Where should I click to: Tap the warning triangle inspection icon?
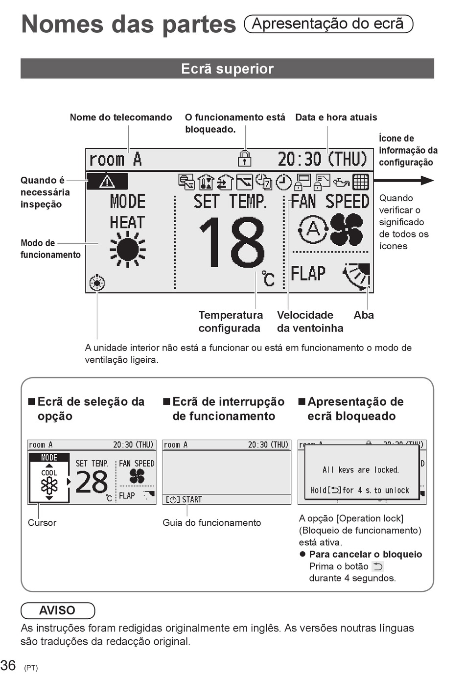[107, 181]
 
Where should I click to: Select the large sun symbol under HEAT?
[127, 249]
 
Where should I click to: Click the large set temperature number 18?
[232, 242]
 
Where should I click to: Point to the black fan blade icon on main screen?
[347, 230]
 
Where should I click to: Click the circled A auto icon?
[313, 230]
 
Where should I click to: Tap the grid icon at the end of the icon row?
[361, 182]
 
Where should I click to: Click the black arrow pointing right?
[404, 181]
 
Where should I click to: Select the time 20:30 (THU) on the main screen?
[323, 159]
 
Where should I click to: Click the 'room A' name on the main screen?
[115, 159]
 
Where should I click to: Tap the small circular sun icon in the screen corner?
[97, 283]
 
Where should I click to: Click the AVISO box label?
[57, 610]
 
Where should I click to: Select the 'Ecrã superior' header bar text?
[227, 69]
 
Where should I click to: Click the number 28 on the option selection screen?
[92, 482]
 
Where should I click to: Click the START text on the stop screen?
[192, 500]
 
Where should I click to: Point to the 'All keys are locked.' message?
[361, 469]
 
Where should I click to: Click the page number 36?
[8, 665]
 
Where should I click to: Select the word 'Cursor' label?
[42, 523]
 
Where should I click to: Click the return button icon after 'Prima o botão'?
[378, 566]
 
